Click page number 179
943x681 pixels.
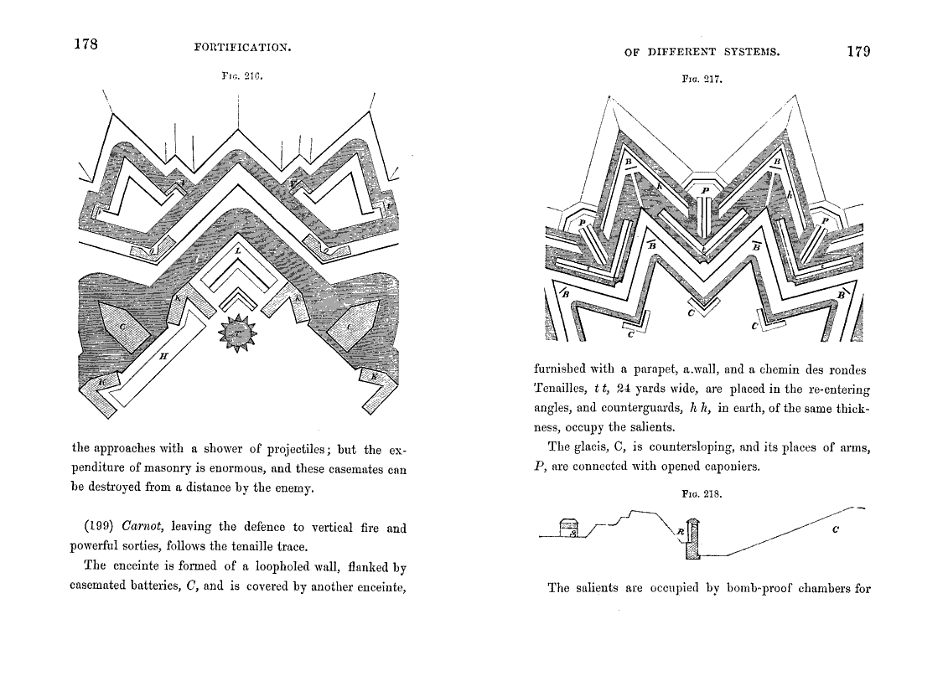click(x=858, y=51)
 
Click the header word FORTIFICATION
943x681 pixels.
click(x=241, y=48)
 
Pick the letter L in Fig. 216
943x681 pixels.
click(x=238, y=250)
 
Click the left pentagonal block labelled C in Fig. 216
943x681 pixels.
click(x=122, y=326)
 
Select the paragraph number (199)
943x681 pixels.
click(x=101, y=528)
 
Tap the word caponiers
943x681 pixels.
click(x=730, y=467)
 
